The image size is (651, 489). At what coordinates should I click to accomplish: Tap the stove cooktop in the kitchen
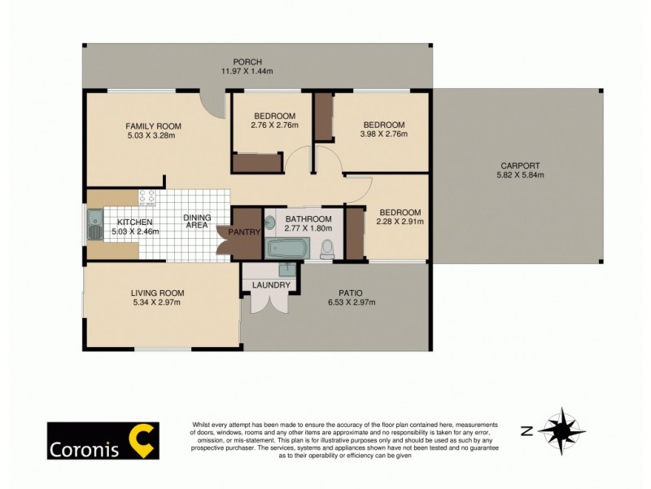point(147,198)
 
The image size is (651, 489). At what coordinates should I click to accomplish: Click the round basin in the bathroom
point(270,222)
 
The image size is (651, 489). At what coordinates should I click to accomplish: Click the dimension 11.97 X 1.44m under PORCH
point(247,72)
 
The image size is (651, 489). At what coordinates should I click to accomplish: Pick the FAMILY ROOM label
point(153,126)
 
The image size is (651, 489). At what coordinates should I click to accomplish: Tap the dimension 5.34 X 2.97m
point(159,303)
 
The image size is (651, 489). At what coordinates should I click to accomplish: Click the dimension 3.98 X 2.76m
point(383,134)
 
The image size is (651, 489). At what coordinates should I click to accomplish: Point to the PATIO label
point(351,293)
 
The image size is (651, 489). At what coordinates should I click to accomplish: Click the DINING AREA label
point(197,222)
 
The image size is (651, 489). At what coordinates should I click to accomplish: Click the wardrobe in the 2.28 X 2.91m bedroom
point(355,234)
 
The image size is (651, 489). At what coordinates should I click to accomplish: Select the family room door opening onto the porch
point(214,102)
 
